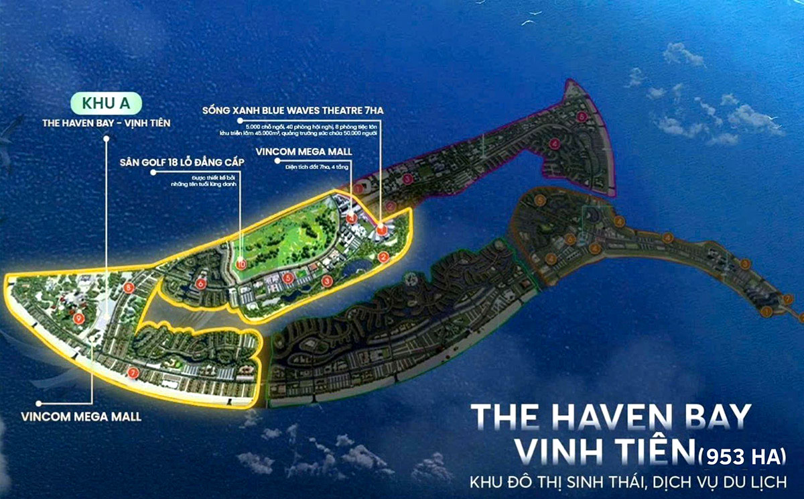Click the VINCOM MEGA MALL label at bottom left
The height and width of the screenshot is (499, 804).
(90, 417)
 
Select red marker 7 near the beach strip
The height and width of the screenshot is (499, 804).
(133, 372)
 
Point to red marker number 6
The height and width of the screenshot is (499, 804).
(201, 284)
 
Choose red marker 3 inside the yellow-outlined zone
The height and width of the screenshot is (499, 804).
(326, 280)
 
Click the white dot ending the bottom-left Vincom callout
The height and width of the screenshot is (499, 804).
(40, 404)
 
